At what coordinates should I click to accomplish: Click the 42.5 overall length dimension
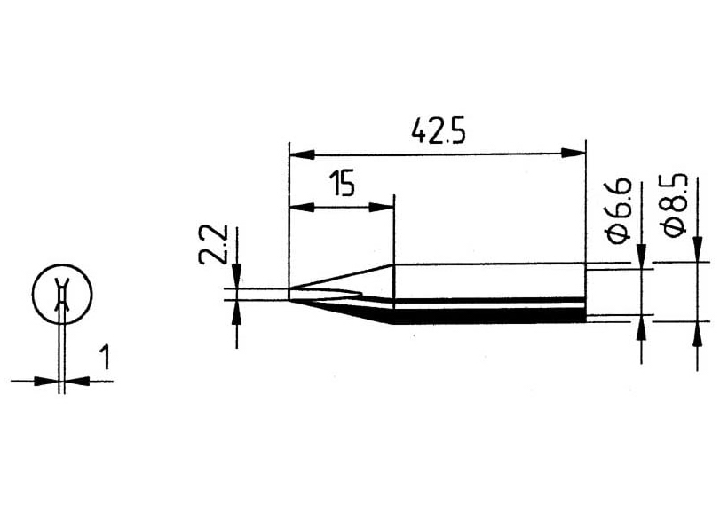tap(438, 131)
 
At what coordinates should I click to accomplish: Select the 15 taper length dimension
tap(342, 184)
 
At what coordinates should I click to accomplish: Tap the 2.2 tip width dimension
tap(212, 244)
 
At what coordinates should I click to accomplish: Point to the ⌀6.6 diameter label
tap(620, 209)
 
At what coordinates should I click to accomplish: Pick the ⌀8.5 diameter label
tap(675, 204)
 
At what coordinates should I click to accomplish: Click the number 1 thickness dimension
tap(106, 357)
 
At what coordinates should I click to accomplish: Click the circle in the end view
tap(62, 294)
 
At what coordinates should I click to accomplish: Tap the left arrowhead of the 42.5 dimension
tap(301, 154)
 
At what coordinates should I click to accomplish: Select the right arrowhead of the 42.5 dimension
tap(574, 153)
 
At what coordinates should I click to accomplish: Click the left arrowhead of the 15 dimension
tap(301, 208)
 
